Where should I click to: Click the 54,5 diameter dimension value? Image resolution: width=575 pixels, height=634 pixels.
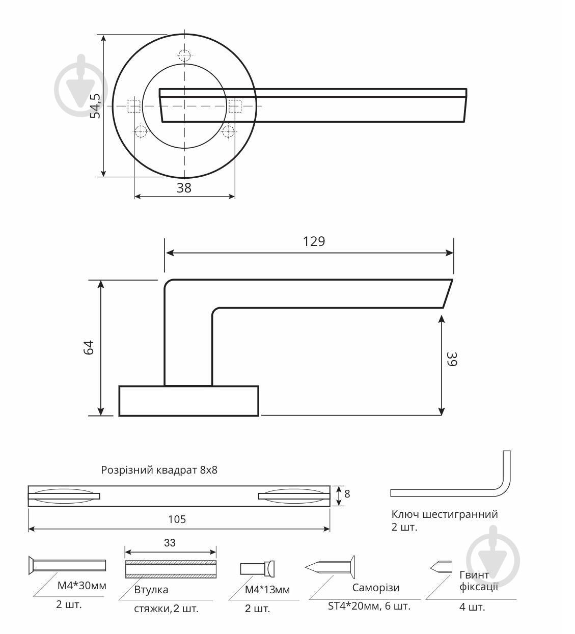[95, 105]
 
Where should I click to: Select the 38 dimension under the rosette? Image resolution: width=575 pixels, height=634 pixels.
[184, 188]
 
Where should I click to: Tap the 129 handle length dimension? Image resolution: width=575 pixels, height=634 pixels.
[314, 241]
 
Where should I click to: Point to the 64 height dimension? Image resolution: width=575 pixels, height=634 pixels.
[89, 347]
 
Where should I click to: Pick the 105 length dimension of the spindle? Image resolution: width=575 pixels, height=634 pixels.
[177, 519]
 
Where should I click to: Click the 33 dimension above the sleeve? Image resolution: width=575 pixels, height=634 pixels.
[170, 543]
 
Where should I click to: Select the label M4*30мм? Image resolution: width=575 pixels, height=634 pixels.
[81, 586]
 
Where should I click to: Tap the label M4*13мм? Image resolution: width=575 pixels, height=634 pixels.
[267, 590]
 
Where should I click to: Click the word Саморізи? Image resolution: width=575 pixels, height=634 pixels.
[376, 588]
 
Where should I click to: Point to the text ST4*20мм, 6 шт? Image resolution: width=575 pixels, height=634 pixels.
[369, 607]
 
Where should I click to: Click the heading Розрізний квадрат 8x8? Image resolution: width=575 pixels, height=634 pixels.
[159, 470]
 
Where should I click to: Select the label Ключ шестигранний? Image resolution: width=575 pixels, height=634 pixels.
[445, 514]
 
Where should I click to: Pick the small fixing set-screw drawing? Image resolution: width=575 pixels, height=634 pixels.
[442, 566]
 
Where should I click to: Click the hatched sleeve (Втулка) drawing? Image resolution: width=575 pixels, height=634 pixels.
[171, 569]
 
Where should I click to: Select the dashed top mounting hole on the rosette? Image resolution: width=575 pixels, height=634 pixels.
[185, 56]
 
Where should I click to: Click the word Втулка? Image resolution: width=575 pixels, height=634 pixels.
[151, 590]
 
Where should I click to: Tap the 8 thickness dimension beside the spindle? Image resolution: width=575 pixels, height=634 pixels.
[347, 494]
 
